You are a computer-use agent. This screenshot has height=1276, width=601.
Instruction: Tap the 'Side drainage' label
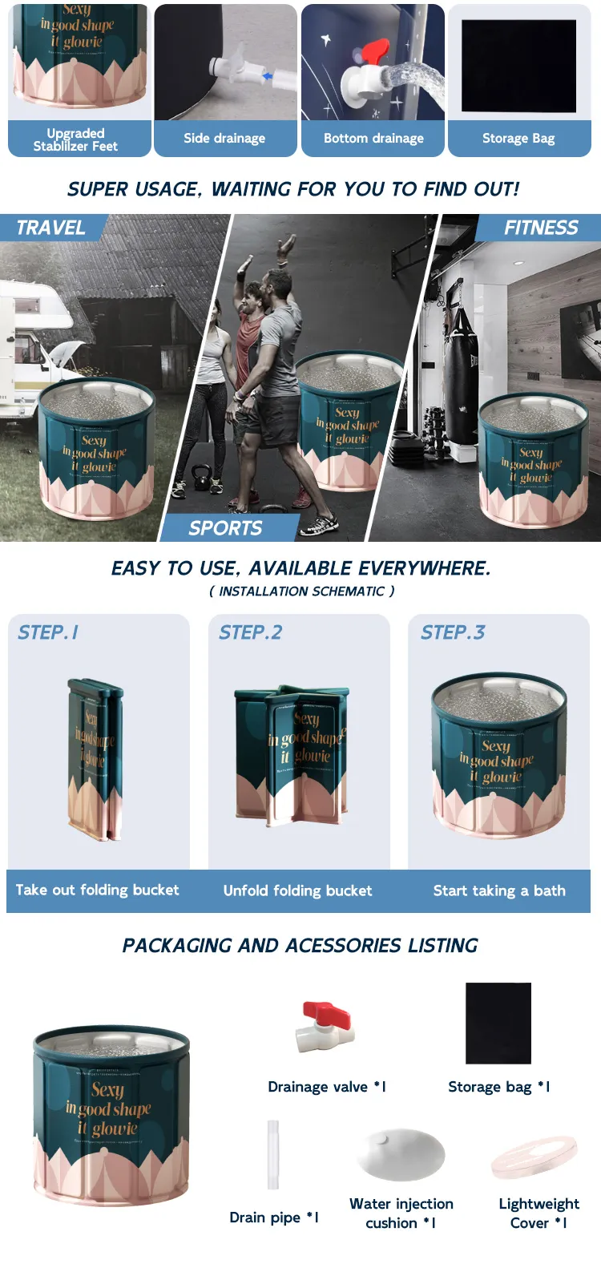tap(224, 138)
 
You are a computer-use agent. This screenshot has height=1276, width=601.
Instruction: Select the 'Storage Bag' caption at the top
tap(518, 138)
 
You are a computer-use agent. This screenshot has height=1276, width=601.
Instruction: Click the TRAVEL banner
tap(51, 228)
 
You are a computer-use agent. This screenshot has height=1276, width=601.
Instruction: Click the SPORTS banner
tap(226, 528)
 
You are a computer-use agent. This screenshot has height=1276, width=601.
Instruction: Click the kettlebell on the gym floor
tap(202, 477)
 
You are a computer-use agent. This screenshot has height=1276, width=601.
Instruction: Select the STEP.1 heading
tap(48, 632)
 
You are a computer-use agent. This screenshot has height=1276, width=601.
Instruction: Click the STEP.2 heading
tap(251, 632)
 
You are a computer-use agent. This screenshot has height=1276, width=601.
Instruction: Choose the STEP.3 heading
tap(453, 632)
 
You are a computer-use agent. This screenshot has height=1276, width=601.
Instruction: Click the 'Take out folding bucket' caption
tap(98, 890)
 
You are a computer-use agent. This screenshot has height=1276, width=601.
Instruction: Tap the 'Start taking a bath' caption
tap(499, 890)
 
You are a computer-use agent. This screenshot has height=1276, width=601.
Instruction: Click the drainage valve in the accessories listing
tap(324, 1027)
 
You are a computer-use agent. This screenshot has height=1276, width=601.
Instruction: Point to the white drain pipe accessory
tap(273, 1154)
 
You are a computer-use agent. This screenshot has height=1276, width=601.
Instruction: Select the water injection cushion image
tap(401, 1154)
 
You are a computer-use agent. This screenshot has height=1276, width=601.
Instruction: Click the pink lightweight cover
tap(534, 1157)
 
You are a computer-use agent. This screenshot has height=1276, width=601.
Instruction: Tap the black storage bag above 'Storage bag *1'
tap(498, 1023)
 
